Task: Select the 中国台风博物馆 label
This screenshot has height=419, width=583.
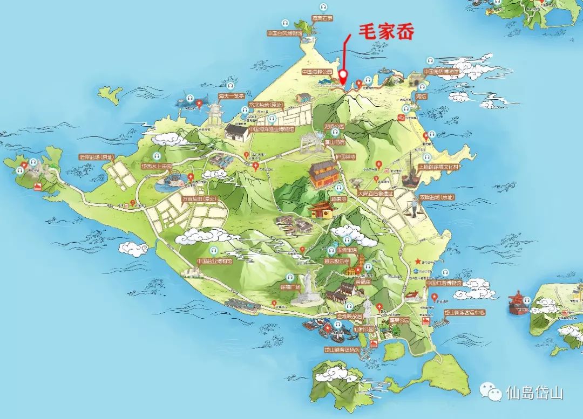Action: pos(286,33)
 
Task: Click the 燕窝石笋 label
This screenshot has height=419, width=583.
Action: pos(322,18)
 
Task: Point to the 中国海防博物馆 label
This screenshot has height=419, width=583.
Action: pos(441,71)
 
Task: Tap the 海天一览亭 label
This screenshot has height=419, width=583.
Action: pos(231,96)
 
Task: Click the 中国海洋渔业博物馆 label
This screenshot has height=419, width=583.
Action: pos(272,129)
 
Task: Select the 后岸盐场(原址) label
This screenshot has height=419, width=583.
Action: pos(97,157)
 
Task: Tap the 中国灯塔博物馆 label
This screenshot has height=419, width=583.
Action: pos(444,283)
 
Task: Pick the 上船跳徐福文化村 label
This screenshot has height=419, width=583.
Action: pos(439,167)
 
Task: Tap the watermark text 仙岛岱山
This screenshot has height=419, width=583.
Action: pos(534,393)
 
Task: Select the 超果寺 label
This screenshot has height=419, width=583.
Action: pos(338,198)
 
